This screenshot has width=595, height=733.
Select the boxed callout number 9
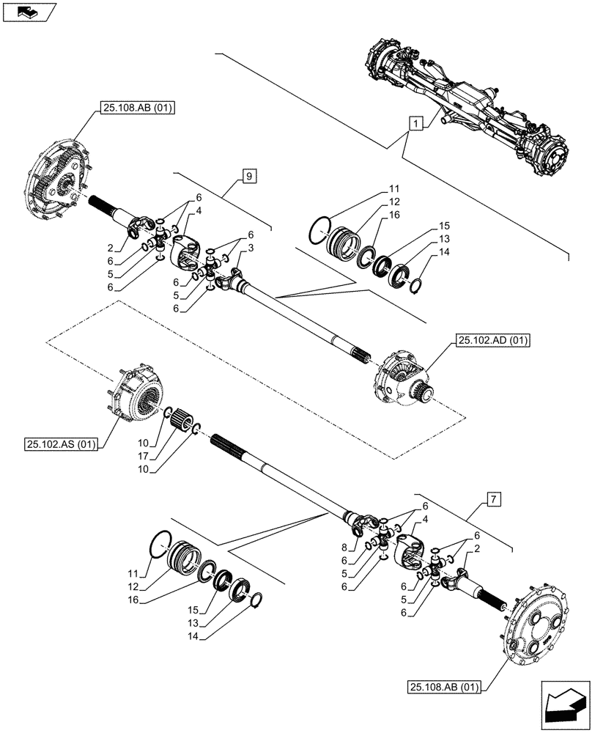pyautogui.click(x=249, y=176)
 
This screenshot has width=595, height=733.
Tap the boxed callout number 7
pyautogui.click(x=494, y=501)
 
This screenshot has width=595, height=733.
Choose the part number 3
pyautogui.click(x=251, y=249)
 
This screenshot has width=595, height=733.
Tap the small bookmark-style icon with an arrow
pyautogui.click(x=28, y=11)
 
